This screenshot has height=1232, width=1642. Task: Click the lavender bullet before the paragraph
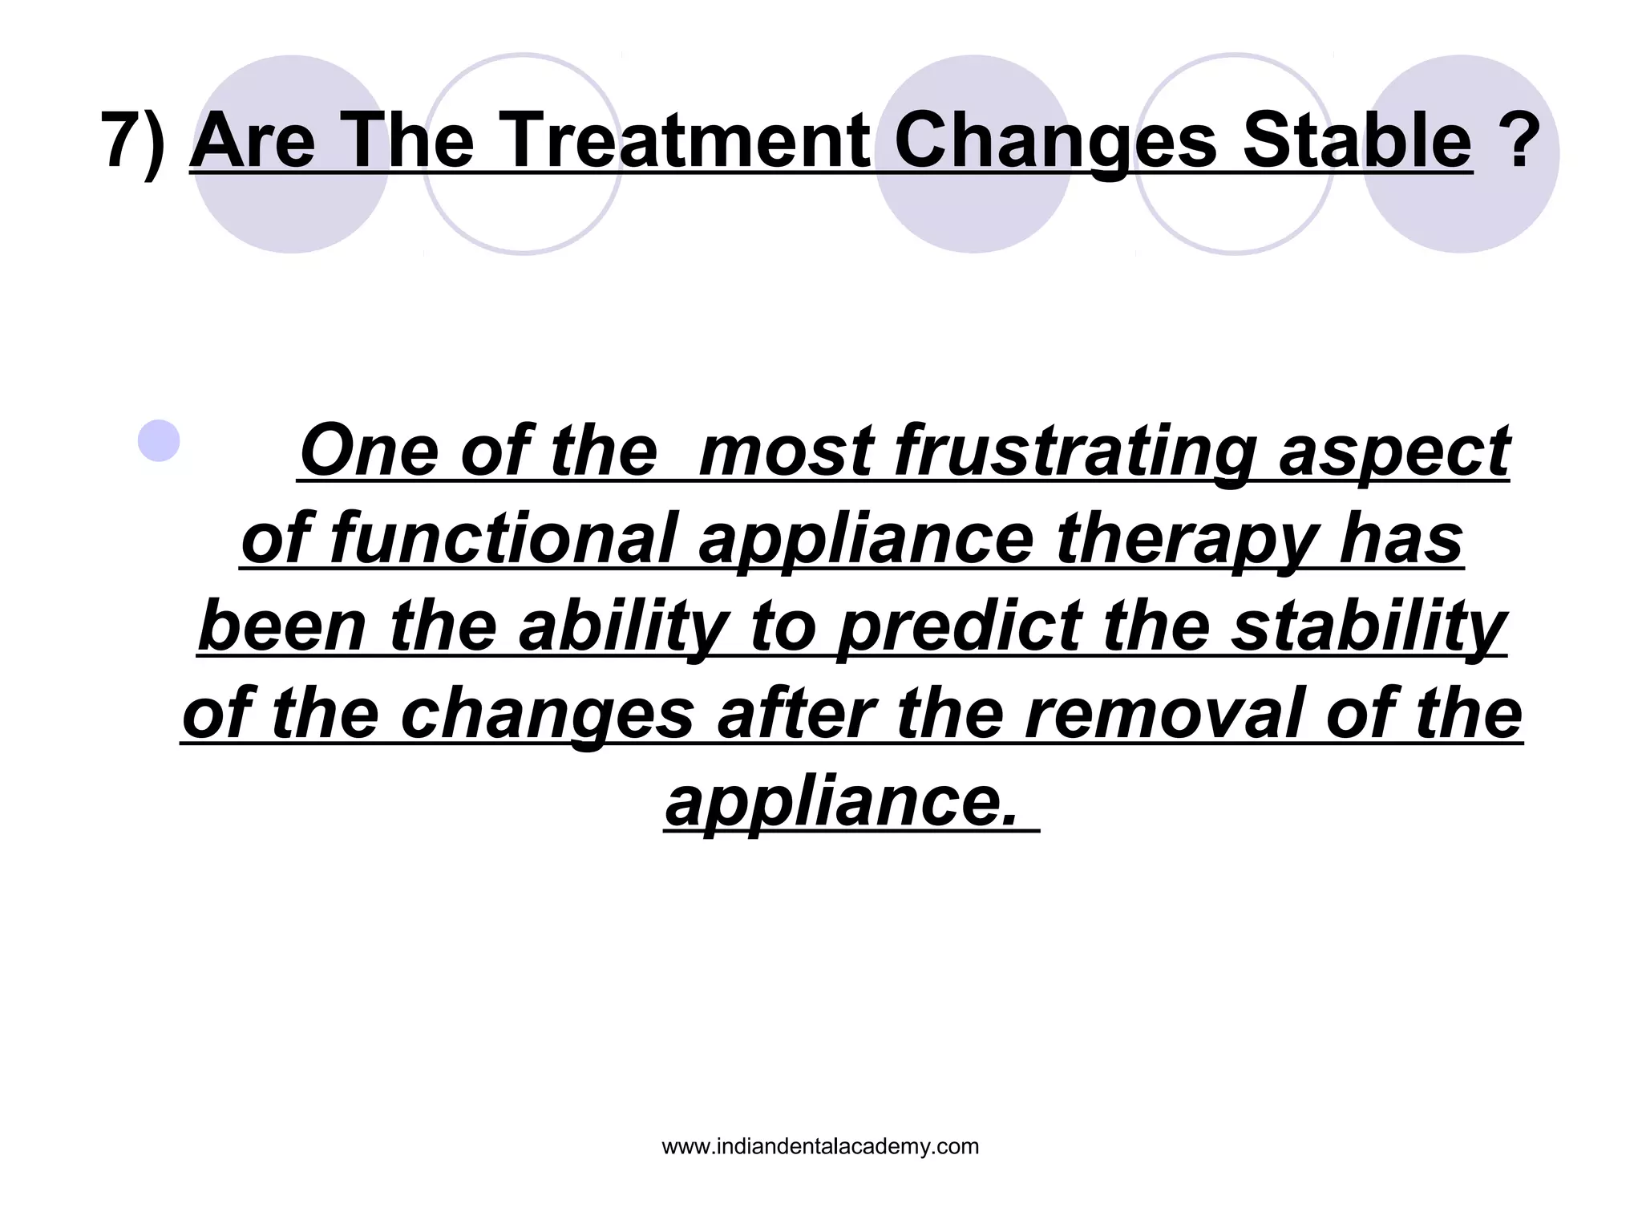point(159,440)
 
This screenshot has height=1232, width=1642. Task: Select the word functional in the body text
point(503,539)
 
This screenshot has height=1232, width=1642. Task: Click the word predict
point(960,626)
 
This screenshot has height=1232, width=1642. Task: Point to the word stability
point(1369,626)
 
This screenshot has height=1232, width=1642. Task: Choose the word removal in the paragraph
point(1167,714)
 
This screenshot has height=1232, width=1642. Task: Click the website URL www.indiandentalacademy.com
point(820,1147)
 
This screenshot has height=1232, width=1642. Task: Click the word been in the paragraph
point(283,626)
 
